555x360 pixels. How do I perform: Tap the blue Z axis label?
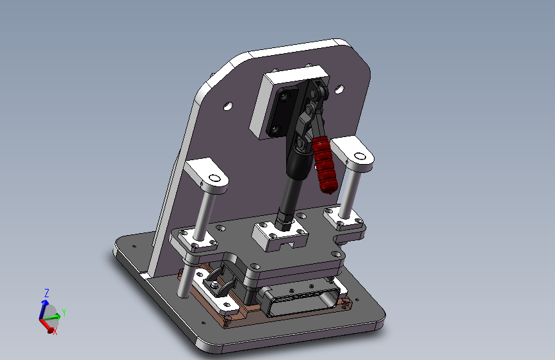point(46,293)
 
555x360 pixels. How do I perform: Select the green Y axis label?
point(64,313)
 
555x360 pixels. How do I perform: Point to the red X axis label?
point(55,331)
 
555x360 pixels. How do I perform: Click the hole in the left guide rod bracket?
point(214,178)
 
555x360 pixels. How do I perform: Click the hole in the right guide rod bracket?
point(360,156)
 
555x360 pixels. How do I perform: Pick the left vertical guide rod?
point(205,215)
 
